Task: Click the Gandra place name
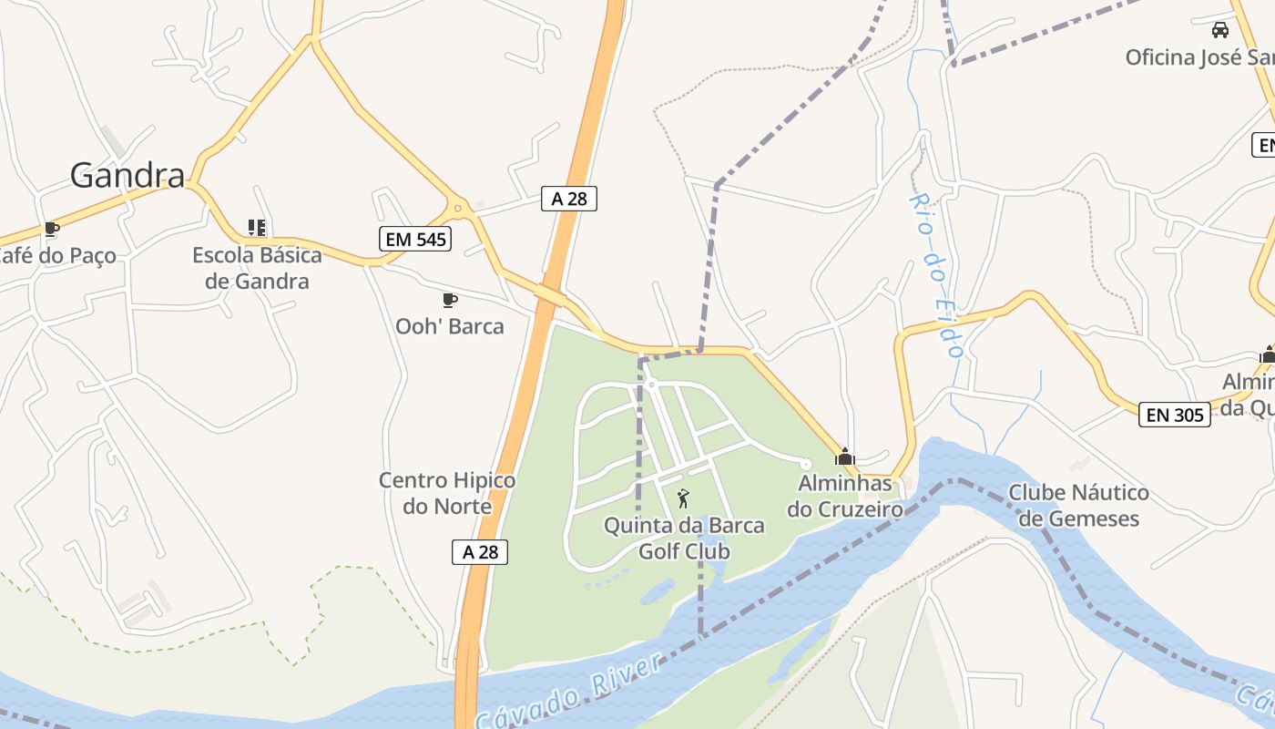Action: (127, 174)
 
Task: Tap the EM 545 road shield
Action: (415, 240)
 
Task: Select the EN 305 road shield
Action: (1175, 416)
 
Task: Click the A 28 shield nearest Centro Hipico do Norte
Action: (480, 551)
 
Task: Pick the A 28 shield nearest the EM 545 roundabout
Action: (569, 199)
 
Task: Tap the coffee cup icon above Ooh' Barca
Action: (449, 300)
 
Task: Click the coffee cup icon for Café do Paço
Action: (52, 229)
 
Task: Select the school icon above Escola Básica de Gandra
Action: (257, 228)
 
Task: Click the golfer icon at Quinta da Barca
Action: (683, 498)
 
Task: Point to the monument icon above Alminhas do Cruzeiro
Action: (844, 456)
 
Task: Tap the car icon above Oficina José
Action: (1220, 30)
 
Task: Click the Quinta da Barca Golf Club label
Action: (684, 539)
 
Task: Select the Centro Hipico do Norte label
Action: (447, 493)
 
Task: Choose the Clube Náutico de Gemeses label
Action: (1078, 506)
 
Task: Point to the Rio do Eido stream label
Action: (937, 274)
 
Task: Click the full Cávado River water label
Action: (569, 693)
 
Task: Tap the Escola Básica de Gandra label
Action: (257, 268)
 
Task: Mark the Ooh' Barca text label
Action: (449, 326)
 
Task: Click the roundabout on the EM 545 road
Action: (458, 208)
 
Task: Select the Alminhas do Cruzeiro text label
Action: (845, 496)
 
